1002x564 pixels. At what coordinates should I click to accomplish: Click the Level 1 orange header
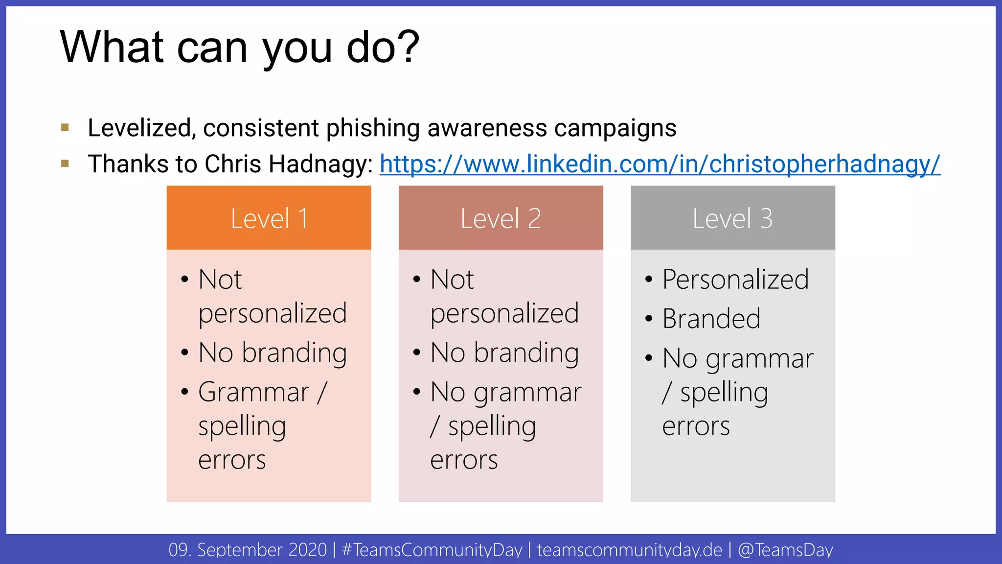[x=269, y=218]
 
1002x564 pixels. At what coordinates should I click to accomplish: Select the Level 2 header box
[x=501, y=218]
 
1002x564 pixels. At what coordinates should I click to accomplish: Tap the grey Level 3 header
[x=732, y=218]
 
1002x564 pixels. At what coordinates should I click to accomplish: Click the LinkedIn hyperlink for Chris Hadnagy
[x=660, y=164]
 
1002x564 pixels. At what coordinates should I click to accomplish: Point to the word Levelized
[x=139, y=128]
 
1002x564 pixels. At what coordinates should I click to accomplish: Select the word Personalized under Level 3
[x=735, y=280]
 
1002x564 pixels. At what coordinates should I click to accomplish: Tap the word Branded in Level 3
[x=711, y=319]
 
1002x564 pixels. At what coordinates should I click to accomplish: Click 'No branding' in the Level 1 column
[x=273, y=352]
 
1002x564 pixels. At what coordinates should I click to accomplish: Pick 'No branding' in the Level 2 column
[x=504, y=352]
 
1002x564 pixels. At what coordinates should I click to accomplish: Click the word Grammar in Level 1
[x=253, y=392]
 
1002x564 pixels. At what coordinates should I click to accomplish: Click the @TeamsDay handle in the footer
[x=785, y=550]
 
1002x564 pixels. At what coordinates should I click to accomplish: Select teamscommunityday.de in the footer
[x=629, y=550]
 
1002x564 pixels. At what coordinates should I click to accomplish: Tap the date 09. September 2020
[x=248, y=550]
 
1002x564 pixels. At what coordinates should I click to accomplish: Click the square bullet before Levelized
[x=65, y=128]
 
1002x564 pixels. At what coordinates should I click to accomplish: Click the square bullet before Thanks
[x=65, y=164]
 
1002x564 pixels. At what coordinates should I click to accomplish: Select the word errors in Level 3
[x=696, y=426]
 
